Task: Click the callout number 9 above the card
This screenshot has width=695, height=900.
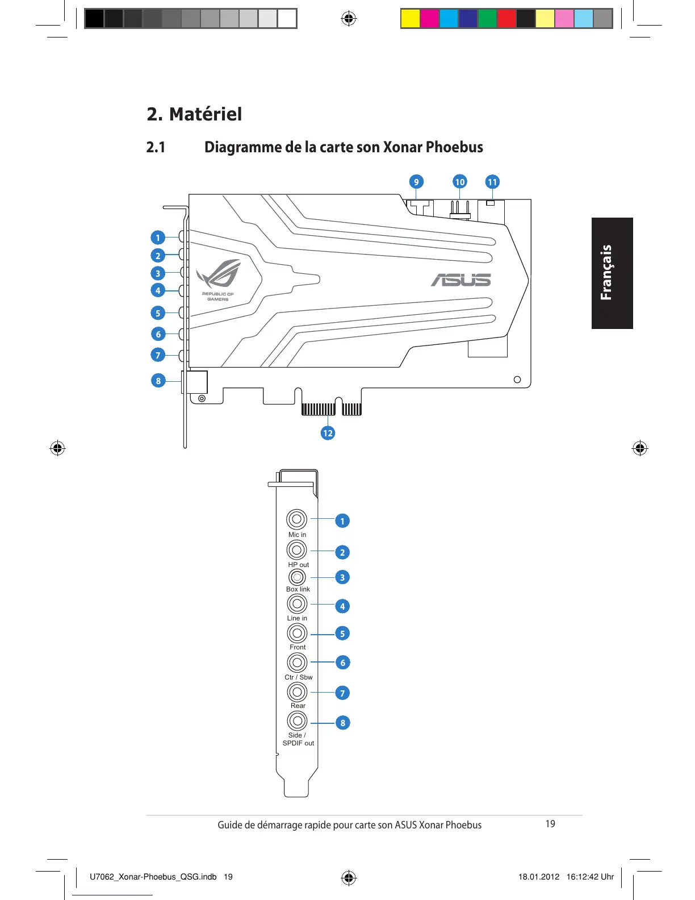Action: (416, 182)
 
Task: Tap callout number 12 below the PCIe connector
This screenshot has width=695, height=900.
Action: (328, 433)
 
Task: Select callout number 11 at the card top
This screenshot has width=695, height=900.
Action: (492, 182)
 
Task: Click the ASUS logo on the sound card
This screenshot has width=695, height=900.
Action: (460, 280)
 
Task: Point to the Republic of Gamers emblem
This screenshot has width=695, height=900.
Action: (219, 279)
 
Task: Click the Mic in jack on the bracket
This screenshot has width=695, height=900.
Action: (296, 519)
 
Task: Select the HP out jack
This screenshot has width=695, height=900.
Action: (296, 550)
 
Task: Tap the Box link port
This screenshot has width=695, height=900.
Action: (297, 577)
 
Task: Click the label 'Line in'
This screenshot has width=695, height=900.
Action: (297, 618)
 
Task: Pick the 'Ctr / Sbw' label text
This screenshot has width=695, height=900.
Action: (298, 677)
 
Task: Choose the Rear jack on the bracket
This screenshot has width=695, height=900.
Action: (297, 692)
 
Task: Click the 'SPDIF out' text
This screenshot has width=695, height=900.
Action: (298, 743)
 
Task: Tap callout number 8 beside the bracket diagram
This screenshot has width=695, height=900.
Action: (342, 723)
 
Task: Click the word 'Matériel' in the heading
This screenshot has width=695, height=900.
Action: (206, 114)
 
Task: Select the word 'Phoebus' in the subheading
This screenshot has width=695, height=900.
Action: (454, 147)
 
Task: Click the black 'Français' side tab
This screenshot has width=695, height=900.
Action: (612, 273)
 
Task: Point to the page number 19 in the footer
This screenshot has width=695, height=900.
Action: (550, 824)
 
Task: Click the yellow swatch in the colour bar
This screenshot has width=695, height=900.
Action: (411, 19)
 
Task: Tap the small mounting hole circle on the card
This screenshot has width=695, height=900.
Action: (517, 380)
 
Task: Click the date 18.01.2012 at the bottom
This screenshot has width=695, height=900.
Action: (538, 877)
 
